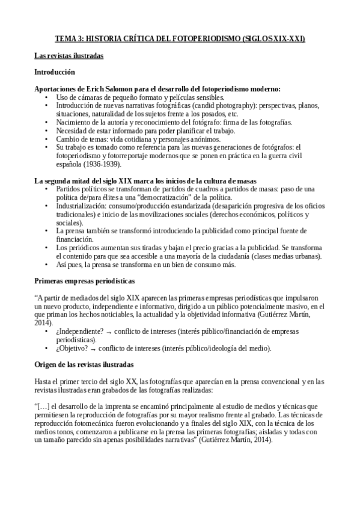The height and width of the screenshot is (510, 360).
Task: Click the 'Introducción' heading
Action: (54, 72)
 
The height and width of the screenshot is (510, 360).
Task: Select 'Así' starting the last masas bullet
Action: (62, 264)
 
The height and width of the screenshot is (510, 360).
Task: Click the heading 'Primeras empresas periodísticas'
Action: (84, 281)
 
